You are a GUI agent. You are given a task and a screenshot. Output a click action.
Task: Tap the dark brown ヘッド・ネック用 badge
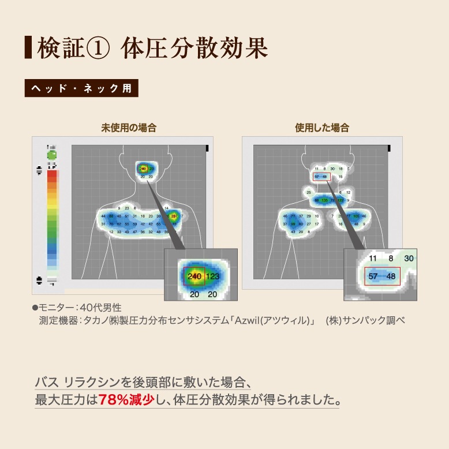point(81,89)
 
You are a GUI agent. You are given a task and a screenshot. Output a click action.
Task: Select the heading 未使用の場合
point(129,128)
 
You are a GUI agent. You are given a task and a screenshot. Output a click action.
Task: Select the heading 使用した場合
point(322,128)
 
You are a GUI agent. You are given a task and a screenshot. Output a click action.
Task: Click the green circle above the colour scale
point(52,155)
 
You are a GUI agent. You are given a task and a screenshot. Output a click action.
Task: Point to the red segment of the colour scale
point(52,175)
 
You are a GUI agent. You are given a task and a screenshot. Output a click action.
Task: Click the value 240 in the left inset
point(194,277)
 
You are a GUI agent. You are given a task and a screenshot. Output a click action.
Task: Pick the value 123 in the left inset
point(213,277)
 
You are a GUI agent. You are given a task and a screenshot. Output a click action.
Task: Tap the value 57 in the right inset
point(373,276)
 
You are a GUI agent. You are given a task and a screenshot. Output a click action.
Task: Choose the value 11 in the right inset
point(373,259)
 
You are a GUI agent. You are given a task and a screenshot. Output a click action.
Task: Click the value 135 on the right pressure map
point(324,200)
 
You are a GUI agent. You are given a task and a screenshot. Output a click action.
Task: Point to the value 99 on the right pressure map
point(293,224)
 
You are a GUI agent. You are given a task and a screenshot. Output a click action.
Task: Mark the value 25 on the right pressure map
point(309,192)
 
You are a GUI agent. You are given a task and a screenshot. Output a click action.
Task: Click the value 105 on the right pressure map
point(356,216)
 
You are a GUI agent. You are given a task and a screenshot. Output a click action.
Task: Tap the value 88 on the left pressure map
point(111,216)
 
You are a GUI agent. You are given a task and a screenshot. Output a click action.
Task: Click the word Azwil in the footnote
point(251,320)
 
